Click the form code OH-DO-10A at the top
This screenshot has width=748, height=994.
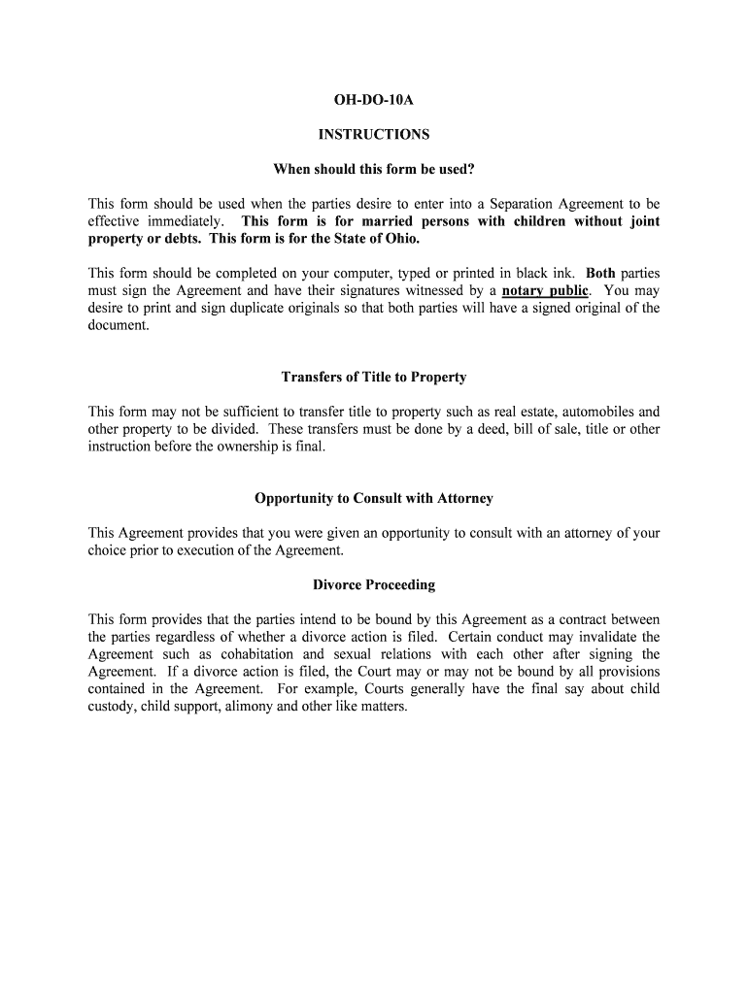pyautogui.click(x=373, y=99)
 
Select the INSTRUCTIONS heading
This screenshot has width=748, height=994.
pyautogui.click(x=373, y=135)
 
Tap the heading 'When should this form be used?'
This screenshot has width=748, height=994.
pyautogui.click(x=373, y=170)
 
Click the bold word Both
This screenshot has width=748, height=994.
pyautogui.click(x=600, y=274)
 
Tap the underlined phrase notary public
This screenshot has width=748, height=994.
pyautogui.click(x=544, y=291)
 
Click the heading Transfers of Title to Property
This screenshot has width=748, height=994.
pyautogui.click(x=373, y=377)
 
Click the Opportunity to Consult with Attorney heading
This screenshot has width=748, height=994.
pyautogui.click(x=373, y=498)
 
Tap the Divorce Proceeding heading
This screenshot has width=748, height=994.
pyautogui.click(x=373, y=585)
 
